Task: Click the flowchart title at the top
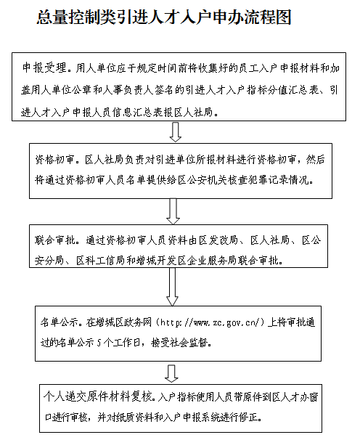point(164,17)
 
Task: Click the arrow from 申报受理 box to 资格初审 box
point(176,132)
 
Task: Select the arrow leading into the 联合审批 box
point(173,211)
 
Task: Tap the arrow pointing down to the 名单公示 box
point(172,287)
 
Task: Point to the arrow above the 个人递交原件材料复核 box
point(171,373)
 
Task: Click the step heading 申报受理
point(44,68)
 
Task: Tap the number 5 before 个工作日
point(99,343)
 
